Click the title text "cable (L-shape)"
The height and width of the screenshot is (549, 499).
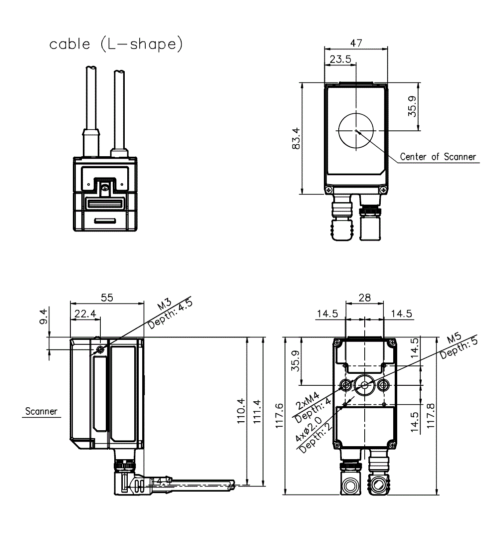point(116,44)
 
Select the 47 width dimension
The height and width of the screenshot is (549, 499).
point(356,43)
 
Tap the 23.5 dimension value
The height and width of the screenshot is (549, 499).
point(341,59)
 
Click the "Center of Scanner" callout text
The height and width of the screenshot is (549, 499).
point(438,157)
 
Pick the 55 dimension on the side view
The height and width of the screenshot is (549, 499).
point(107,297)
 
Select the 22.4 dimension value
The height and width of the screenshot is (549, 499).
point(86,313)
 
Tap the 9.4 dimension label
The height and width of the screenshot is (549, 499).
point(43,317)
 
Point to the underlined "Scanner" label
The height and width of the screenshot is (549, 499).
point(41,412)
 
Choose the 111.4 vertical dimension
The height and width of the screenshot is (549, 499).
point(257,411)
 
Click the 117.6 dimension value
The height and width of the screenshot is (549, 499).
point(278,415)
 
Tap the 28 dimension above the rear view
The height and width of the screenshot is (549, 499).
point(365,297)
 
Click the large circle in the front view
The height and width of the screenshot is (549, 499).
point(356,131)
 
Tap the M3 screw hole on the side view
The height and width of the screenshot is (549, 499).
point(101,349)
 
